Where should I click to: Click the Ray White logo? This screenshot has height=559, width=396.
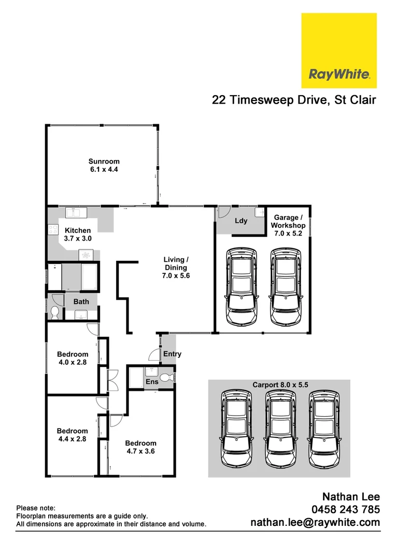339,51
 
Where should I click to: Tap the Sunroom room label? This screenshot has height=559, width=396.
104,166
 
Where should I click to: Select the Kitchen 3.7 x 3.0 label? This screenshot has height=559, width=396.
78,234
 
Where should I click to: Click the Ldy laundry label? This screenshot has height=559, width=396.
241,221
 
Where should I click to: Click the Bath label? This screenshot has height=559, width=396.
81,301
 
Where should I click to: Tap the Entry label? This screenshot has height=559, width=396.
172,354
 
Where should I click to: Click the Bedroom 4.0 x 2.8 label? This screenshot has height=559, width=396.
72,358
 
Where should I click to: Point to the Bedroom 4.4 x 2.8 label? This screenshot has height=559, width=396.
72,435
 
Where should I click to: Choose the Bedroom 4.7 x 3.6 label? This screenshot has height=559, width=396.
140,447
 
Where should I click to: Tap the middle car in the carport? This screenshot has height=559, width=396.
279,428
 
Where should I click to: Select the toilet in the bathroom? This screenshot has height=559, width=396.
55,312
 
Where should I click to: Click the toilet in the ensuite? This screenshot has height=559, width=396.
166,378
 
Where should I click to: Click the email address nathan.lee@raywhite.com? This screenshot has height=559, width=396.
315,523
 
